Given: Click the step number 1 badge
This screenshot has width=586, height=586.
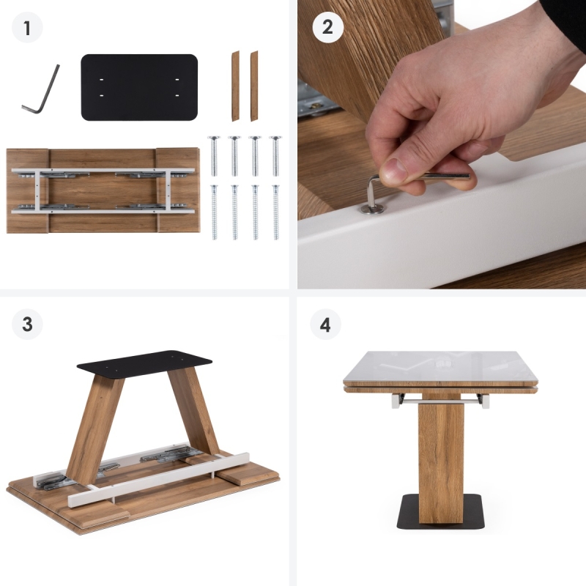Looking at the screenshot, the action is coord(27,28).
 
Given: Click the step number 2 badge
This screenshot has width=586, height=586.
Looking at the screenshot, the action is coord(327,27).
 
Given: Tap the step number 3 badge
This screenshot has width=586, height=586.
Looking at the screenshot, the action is coord(27,324).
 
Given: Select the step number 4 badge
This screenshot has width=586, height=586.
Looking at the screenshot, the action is coord(325,324).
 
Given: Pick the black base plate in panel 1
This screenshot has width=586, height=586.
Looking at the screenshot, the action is coord(139,87).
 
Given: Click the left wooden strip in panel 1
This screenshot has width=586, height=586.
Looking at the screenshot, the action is coord(235,86).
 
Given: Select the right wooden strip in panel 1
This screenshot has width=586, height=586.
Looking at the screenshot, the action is coord(254,86).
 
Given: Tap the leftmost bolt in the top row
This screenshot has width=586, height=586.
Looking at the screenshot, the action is coord(214,156).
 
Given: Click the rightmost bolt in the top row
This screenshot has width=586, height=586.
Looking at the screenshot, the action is coord(275,156).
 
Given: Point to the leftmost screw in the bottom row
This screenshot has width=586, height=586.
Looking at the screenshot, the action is coord(214,212).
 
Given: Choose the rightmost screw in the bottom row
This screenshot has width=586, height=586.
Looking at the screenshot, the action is coord(276,212).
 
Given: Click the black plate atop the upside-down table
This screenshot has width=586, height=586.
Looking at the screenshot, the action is coord(144,363).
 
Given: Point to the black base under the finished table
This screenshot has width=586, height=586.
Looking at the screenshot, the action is coord(441,511).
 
